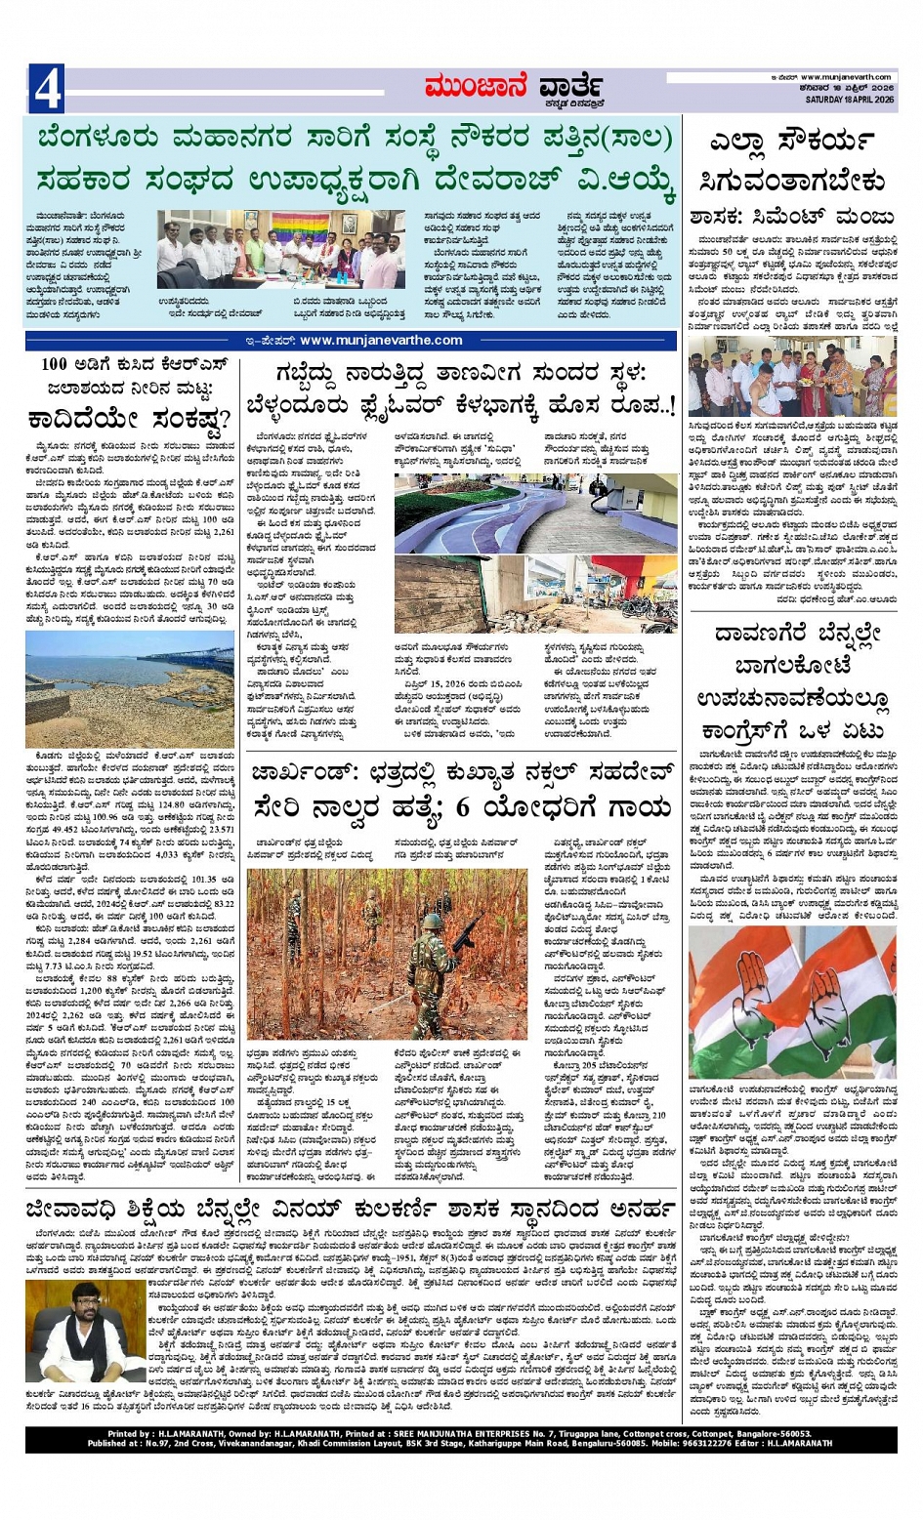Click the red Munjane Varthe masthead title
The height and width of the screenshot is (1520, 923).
(x=512, y=89)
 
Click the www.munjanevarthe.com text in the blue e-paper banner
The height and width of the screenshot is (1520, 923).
(x=381, y=341)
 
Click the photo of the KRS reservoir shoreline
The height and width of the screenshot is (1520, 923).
(x=130, y=676)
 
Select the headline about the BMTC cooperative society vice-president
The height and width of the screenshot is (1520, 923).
(x=356, y=160)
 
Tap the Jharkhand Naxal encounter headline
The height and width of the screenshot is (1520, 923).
(x=461, y=792)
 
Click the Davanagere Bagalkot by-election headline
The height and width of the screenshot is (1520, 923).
(x=792, y=682)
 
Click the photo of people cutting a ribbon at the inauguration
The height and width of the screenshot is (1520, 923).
(x=792, y=376)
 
